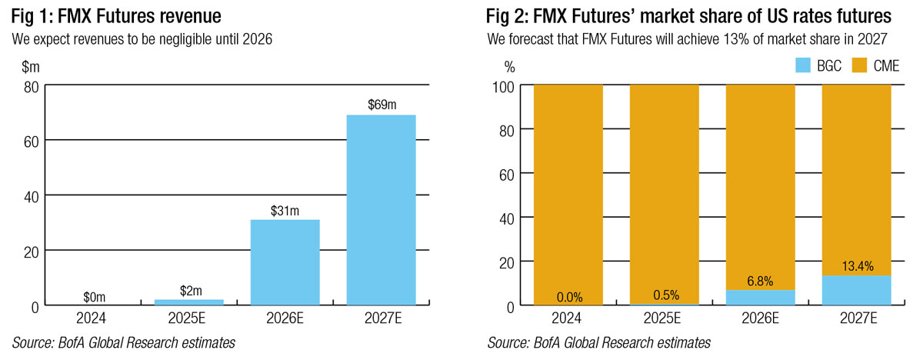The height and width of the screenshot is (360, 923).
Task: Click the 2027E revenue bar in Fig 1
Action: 381,209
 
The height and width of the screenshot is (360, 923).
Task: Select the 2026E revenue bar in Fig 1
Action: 285,262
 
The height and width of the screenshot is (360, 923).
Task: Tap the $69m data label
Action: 381,105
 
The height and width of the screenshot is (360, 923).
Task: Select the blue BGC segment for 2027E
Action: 856,290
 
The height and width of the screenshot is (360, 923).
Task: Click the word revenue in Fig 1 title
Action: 184,16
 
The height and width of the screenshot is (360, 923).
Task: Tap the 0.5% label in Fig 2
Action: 664,294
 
